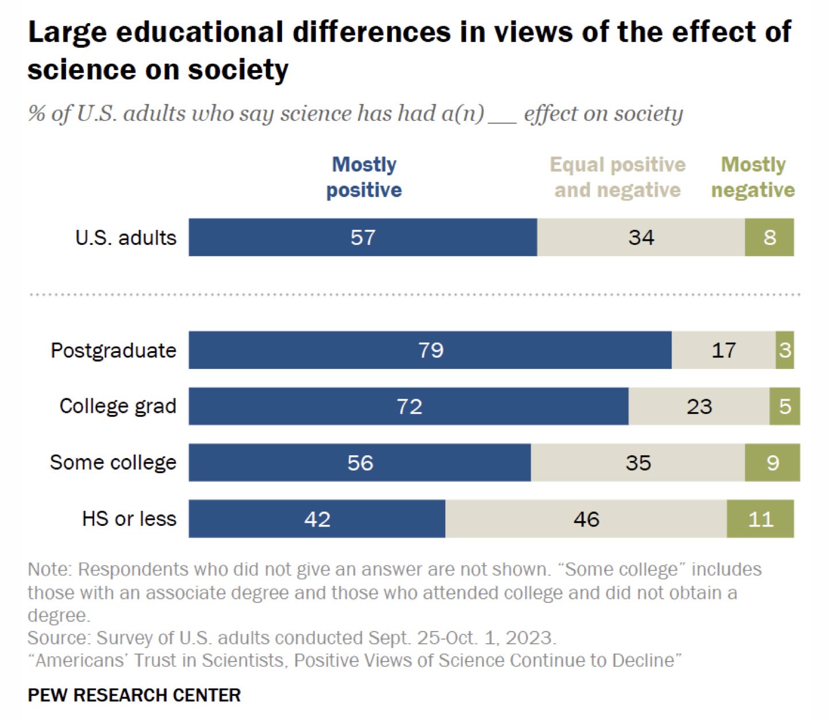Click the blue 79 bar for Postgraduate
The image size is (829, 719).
[x=430, y=350]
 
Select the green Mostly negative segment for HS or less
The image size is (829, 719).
[x=760, y=519]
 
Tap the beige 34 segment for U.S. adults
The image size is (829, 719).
[x=641, y=237]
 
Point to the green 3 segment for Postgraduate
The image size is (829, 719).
[x=785, y=350]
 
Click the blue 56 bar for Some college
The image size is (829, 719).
[x=360, y=463]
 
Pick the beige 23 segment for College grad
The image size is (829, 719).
[x=699, y=406]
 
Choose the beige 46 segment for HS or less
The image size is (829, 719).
[x=586, y=519]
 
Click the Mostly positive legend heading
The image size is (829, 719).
[x=364, y=177]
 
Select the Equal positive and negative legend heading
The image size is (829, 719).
[x=618, y=177]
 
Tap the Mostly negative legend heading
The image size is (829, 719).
[x=753, y=177]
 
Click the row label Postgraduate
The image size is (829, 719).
[x=113, y=350]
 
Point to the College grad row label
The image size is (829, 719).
[x=118, y=406]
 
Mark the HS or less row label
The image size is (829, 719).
[x=129, y=519]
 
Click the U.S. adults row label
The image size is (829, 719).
[x=125, y=237]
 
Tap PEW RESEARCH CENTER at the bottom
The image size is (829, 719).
[x=134, y=695]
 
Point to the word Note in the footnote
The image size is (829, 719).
[x=48, y=569]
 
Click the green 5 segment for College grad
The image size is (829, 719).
[x=785, y=406]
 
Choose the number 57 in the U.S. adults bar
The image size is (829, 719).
[x=363, y=237]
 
